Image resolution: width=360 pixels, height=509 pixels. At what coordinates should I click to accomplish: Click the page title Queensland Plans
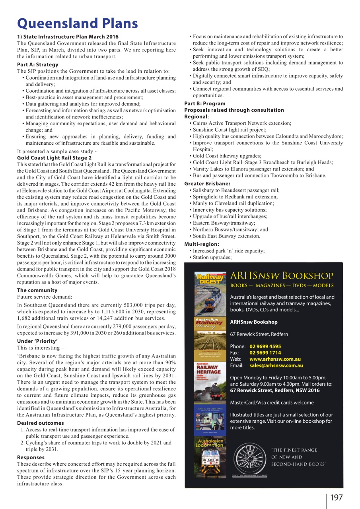(78, 23)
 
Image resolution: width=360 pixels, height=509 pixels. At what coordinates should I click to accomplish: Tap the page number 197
(335, 497)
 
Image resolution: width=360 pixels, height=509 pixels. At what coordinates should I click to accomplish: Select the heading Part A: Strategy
(38, 64)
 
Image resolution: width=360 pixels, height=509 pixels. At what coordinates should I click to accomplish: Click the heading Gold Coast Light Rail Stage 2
(54, 158)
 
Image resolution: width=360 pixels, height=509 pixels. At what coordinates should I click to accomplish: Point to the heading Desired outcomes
(41, 423)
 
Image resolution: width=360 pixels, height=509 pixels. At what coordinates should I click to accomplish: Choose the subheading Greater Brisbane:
(207, 184)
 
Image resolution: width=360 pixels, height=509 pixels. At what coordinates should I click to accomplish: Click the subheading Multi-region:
(202, 244)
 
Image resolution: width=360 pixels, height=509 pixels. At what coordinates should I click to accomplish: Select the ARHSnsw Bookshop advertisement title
(282, 276)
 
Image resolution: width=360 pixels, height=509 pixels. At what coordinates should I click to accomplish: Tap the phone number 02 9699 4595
(265, 346)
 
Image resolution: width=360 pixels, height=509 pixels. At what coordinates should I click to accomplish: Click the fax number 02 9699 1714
(265, 353)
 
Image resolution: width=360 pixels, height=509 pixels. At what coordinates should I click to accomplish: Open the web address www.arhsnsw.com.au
(275, 359)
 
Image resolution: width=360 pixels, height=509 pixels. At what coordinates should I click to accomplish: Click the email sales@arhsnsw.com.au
(276, 365)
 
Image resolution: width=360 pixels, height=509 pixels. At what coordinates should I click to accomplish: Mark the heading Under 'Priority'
(37, 341)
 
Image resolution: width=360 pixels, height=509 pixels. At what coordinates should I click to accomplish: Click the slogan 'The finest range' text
(294, 450)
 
